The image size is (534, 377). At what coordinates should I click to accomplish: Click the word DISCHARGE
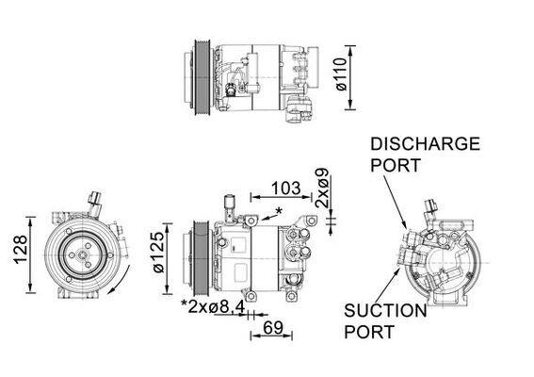click(x=425, y=144)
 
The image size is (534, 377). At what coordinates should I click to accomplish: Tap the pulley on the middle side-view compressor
click(x=199, y=253)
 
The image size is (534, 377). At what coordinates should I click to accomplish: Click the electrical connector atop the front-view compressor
click(x=95, y=201)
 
